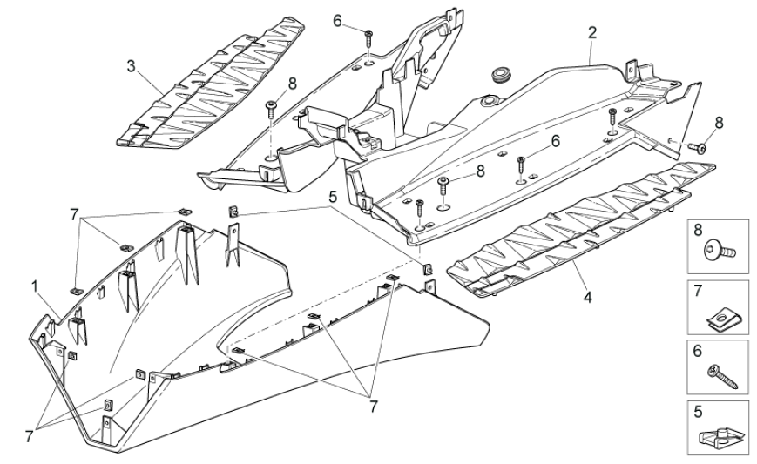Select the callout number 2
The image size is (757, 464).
coord(592,34)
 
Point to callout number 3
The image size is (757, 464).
coord(131,66)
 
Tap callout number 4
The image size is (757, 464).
coord(588,297)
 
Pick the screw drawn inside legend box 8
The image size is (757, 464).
coord(718,252)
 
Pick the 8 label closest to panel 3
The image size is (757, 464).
coord(292,84)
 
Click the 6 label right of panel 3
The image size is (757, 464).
coord(336,20)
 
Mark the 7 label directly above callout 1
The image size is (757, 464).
coord(75,212)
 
